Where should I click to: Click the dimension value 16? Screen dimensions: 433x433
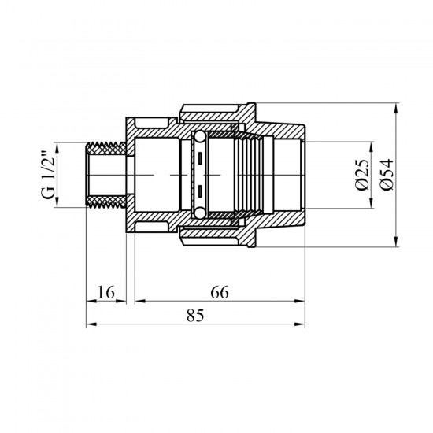105,292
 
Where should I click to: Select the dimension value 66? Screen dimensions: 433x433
220,292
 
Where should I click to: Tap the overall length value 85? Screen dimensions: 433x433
195,316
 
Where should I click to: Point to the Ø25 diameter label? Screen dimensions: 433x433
362,175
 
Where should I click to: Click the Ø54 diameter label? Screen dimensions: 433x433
387,174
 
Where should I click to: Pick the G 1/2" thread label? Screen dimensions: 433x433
48,175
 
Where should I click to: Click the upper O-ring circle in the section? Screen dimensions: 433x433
199,137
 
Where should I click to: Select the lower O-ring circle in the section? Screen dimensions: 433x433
199,213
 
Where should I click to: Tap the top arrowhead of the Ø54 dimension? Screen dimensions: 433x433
396,108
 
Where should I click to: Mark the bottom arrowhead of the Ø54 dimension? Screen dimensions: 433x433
396,242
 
